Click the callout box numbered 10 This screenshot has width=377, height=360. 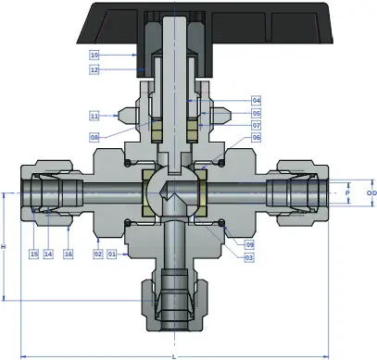click(94, 56)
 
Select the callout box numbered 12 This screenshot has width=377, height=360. click(94, 69)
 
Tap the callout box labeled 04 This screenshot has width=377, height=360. click(257, 101)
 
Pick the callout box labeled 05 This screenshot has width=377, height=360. click(257, 113)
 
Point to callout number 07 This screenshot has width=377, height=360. click(257, 125)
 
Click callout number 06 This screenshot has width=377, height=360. click(257, 137)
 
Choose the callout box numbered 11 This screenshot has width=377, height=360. click(94, 116)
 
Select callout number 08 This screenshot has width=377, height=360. click(94, 137)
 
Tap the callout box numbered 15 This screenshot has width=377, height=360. click(34, 254)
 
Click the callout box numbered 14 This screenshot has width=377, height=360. click(48, 254)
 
